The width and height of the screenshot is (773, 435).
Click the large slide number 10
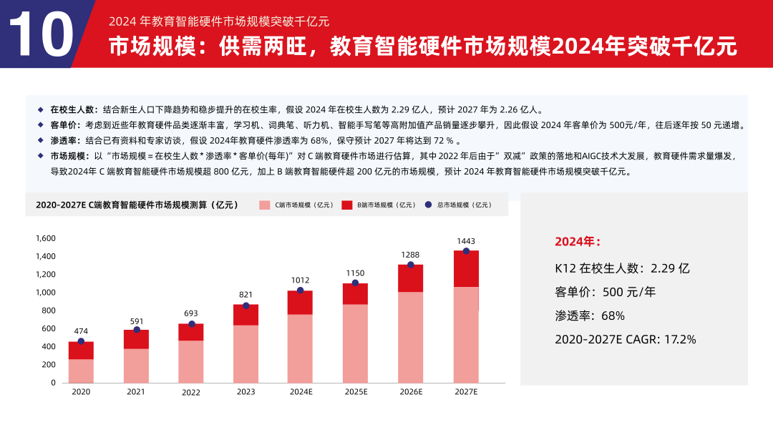41,34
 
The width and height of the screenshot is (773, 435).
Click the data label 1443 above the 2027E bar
466,241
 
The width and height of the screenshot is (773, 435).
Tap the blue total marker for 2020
81,341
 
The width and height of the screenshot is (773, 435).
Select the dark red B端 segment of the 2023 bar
245,315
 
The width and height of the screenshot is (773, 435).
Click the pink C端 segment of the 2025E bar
356,343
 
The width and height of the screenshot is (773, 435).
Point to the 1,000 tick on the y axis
45,293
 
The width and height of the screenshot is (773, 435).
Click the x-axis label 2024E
301,392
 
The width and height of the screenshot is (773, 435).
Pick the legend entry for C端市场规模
296,205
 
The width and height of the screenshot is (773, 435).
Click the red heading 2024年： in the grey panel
578,242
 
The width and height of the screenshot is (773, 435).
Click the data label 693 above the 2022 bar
190,313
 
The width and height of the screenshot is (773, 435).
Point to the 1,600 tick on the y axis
45,238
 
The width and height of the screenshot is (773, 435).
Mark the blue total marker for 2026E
410,265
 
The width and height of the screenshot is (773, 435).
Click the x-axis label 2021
136,392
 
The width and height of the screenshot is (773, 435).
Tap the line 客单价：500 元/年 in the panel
605,292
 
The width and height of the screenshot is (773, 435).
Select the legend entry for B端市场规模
379,205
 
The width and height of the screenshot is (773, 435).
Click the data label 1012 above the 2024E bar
301,280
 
